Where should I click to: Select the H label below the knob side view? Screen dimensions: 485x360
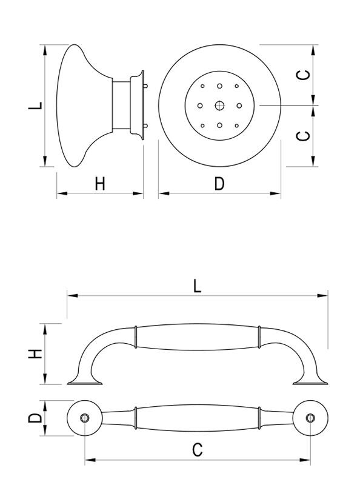[100, 184]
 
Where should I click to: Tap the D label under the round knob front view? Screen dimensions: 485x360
[219, 184]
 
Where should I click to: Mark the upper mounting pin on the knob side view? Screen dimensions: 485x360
[147, 86]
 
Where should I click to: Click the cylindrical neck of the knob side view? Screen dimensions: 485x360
[123, 105]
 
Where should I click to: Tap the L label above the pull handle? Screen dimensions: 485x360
[197, 286]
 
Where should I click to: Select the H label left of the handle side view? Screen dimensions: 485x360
[36, 354]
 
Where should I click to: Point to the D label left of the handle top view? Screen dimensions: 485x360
[36, 418]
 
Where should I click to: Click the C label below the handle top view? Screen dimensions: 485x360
[197, 450]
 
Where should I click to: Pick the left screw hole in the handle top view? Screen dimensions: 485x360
[85, 418]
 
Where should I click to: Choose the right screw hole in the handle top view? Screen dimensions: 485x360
[311, 418]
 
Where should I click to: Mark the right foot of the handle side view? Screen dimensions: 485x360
[312, 381]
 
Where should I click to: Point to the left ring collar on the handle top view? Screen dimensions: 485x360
[136, 418]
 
